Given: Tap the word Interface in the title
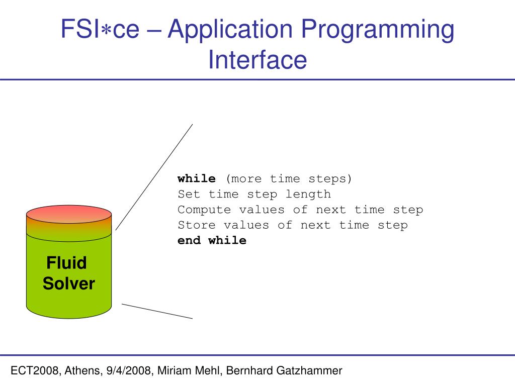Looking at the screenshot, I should [257, 59].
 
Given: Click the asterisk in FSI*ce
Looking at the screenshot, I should [107, 30].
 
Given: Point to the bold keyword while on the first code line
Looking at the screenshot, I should [197, 179].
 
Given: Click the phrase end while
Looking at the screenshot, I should [212, 240].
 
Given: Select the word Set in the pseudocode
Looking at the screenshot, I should [189, 194].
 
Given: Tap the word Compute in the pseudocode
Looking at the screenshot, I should [204, 210].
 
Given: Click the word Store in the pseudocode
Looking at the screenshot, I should [197, 225].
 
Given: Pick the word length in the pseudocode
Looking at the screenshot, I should [308, 194].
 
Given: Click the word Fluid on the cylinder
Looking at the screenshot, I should [66, 263].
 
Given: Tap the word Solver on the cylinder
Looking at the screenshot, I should [68, 284].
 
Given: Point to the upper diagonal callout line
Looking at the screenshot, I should [154, 177].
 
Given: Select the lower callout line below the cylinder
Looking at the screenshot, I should [157, 311].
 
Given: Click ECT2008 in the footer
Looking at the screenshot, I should [33, 371].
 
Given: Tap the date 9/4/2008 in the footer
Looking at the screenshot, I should [129, 371].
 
